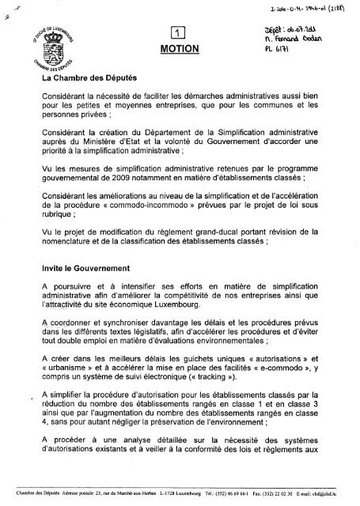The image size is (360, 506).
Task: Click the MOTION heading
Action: [180, 48]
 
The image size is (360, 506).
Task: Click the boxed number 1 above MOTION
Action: [180, 32]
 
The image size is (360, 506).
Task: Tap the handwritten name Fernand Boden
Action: [302, 38]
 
